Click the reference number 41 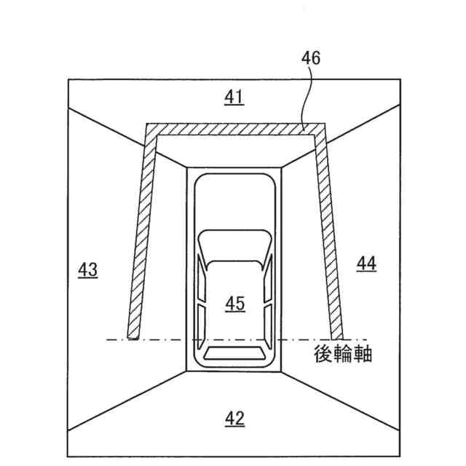pos(234,97)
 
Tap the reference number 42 pos(234,418)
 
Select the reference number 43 pos(88,269)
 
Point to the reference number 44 pos(366,264)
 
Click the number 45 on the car pos(234,304)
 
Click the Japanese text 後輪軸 pos(344,354)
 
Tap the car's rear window pos(234,354)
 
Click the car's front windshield pos(234,247)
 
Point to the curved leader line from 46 pos(307,95)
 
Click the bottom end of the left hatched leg pos(133,334)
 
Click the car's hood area pos(234,204)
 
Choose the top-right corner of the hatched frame pos(320,130)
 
